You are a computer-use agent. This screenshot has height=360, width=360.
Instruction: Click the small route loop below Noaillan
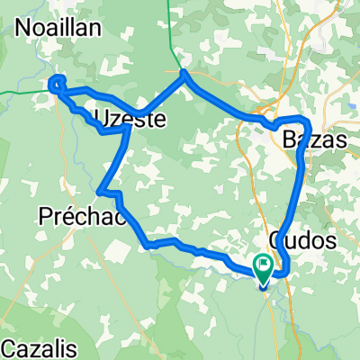coord(57,85)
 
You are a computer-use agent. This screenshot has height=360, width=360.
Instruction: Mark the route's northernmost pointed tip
coord(184,72)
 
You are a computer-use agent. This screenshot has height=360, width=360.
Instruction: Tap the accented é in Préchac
coord(70,215)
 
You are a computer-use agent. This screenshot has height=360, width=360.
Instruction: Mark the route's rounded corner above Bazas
coord(306,121)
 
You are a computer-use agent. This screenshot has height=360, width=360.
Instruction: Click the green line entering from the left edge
coord(18,90)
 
